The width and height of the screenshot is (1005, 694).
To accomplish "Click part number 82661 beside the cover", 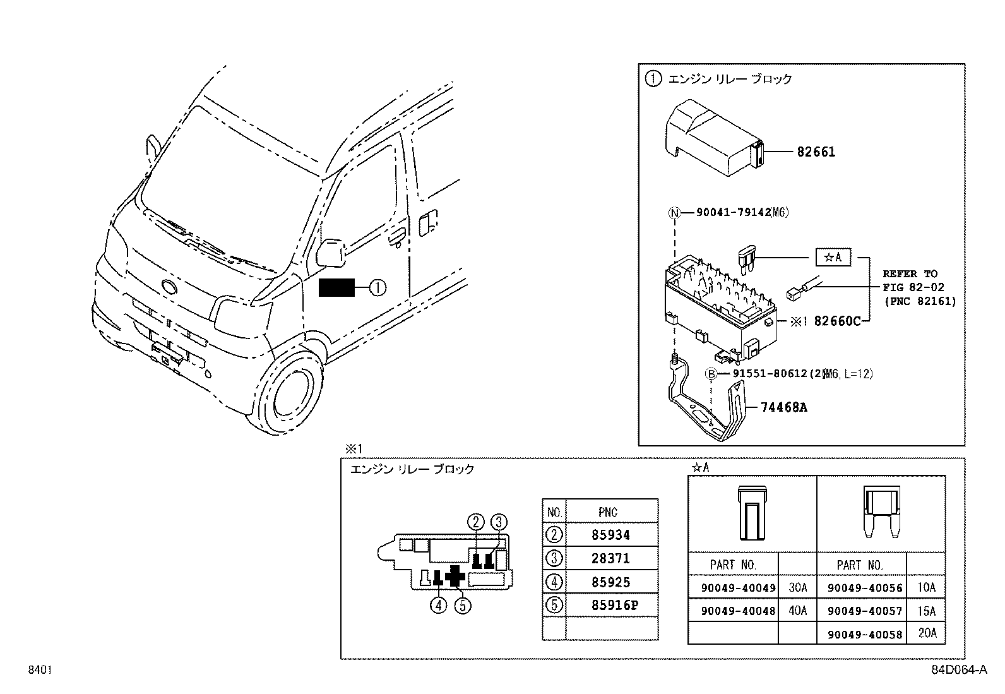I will click(816, 152).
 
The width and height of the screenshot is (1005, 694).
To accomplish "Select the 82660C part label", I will click(837, 321).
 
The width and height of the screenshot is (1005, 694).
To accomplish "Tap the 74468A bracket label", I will click(783, 407).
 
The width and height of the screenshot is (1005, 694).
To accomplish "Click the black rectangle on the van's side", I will click(337, 288).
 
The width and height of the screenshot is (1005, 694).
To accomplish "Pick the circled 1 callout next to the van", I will click(377, 288).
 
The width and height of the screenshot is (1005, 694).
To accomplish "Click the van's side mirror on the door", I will click(330, 253).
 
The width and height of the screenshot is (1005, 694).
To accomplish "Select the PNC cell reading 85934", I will click(610, 535).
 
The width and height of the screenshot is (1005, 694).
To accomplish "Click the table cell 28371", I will click(610, 558).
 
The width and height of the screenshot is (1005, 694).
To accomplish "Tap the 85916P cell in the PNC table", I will click(615, 606).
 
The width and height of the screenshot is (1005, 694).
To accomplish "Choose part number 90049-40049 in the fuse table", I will click(738, 588).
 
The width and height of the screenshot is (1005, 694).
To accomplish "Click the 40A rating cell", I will click(797, 611).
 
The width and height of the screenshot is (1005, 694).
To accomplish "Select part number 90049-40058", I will click(864, 634).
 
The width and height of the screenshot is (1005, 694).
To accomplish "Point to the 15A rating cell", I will click(926, 611).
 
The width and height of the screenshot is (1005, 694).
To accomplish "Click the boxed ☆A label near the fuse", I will click(833, 258).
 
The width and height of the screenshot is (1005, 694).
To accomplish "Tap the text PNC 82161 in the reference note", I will click(919, 301).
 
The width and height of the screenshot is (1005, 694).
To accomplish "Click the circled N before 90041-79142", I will click(675, 213).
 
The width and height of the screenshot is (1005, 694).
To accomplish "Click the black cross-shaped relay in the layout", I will click(455, 575).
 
